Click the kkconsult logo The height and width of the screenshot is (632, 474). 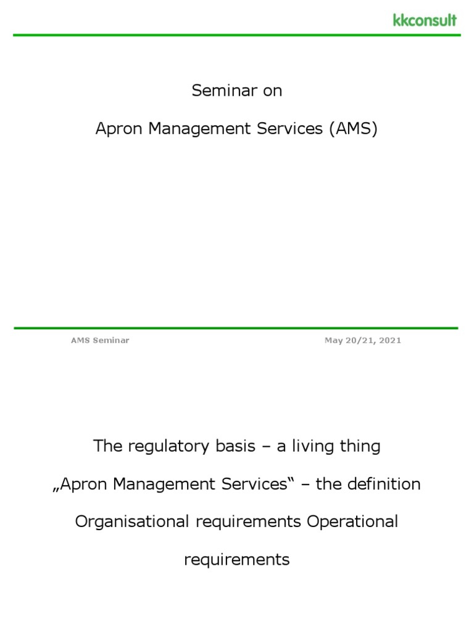coord(425,20)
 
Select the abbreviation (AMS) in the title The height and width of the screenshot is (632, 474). coord(353,129)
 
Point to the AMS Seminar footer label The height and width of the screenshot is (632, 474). coord(100,341)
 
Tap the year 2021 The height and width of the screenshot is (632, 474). coord(391,341)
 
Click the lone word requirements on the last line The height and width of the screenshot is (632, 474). coord(236,560)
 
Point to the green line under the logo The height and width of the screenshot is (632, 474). coord(237,35)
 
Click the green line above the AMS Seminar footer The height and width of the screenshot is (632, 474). coord(237,328)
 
